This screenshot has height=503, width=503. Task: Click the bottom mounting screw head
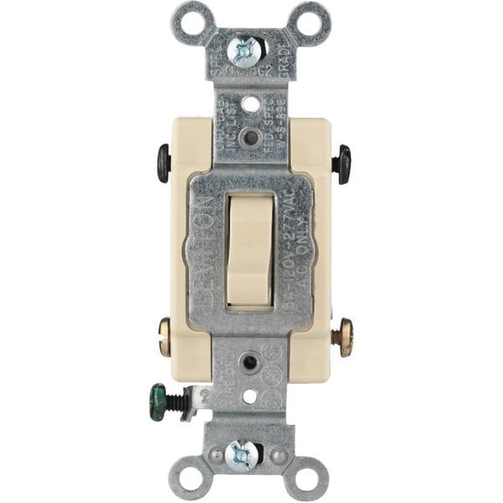242,454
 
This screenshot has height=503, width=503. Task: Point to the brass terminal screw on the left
164,336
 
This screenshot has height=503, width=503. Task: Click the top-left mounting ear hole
190,18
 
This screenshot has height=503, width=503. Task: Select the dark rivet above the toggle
251,136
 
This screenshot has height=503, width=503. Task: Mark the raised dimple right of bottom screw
278,454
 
